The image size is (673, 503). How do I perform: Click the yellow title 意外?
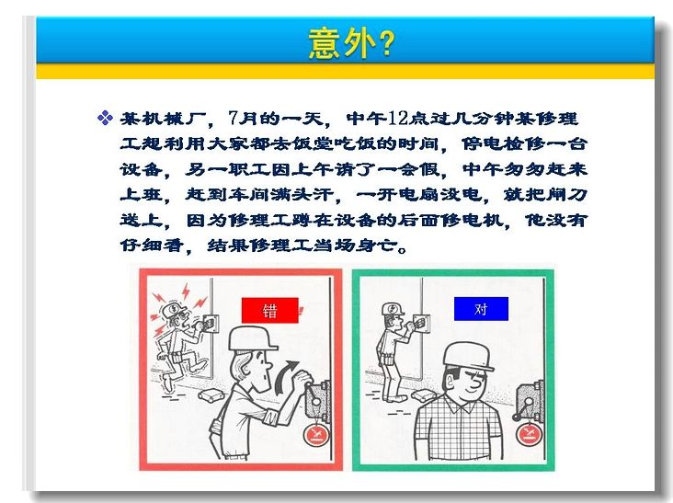[351, 43]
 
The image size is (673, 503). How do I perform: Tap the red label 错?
[270, 310]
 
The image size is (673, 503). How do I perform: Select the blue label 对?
[481, 309]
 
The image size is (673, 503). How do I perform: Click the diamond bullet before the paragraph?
[105, 118]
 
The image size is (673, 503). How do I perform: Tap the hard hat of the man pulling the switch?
[252, 337]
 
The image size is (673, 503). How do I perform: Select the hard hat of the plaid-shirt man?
[468, 356]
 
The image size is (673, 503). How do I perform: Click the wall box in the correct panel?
[421, 323]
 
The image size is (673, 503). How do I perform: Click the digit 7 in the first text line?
[233, 118]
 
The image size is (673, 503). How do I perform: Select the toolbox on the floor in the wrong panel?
[211, 395]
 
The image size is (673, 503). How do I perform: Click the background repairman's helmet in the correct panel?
[392, 309]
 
